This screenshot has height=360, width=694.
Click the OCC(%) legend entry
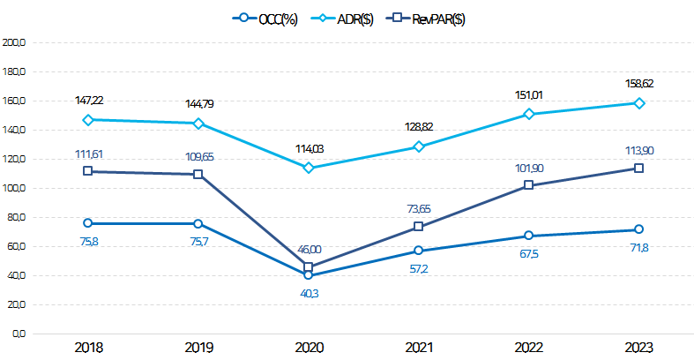265,19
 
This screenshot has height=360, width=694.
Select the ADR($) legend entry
344,19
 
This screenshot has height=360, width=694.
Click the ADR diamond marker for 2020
308,168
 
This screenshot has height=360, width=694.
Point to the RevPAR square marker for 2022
528,185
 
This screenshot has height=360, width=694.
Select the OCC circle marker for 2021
418,251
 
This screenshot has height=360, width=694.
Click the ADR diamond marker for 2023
638,103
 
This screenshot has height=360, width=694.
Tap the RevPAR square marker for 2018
88,171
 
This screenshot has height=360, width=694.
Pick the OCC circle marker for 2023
638,229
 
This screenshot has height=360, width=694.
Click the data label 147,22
88,101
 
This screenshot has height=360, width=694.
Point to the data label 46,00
308,251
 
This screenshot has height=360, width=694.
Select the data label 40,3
308,293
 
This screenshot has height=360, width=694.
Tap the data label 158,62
638,84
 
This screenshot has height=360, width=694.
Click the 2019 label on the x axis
198,348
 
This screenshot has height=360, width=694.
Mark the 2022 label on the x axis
528,348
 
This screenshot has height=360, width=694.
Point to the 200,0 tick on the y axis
17,42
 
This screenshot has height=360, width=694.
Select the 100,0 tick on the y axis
17,188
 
